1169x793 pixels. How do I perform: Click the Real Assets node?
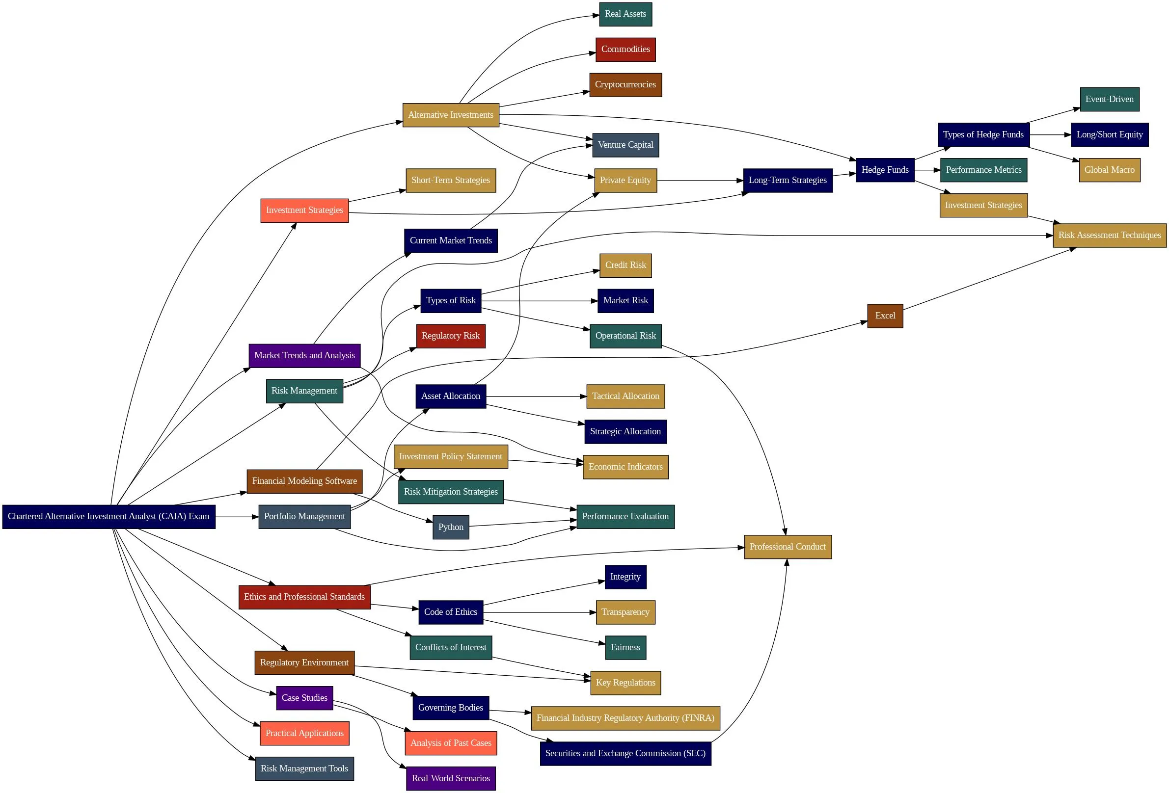(x=625, y=14)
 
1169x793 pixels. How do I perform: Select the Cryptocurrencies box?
(x=625, y=84)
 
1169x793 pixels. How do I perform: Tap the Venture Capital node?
(x=625, y=145)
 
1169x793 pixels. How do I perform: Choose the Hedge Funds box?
(x=885, y=170)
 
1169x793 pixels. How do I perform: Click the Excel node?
(x=885, y=316)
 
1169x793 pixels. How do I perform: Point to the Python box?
(x=451, y=527)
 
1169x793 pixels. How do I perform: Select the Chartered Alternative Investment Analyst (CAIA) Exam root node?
(x=109, y=516)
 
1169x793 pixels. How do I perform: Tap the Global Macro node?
(x=1109, y=170)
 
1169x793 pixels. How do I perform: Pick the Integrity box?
(x=625, y=577)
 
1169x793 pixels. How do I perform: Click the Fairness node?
(x=625, y=647)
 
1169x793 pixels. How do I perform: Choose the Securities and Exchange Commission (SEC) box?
(x=625, y=753)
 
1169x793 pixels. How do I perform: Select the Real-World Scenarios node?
(x=451, y=778)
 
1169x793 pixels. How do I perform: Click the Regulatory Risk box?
(x=451, y=336)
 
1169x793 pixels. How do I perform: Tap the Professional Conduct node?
(x=788, y=547)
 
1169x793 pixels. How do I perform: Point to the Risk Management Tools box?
(x=304, y=768)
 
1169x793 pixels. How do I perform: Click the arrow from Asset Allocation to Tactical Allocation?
(x=536, y=396)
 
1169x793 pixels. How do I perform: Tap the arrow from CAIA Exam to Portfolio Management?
(x=237, y=516)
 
